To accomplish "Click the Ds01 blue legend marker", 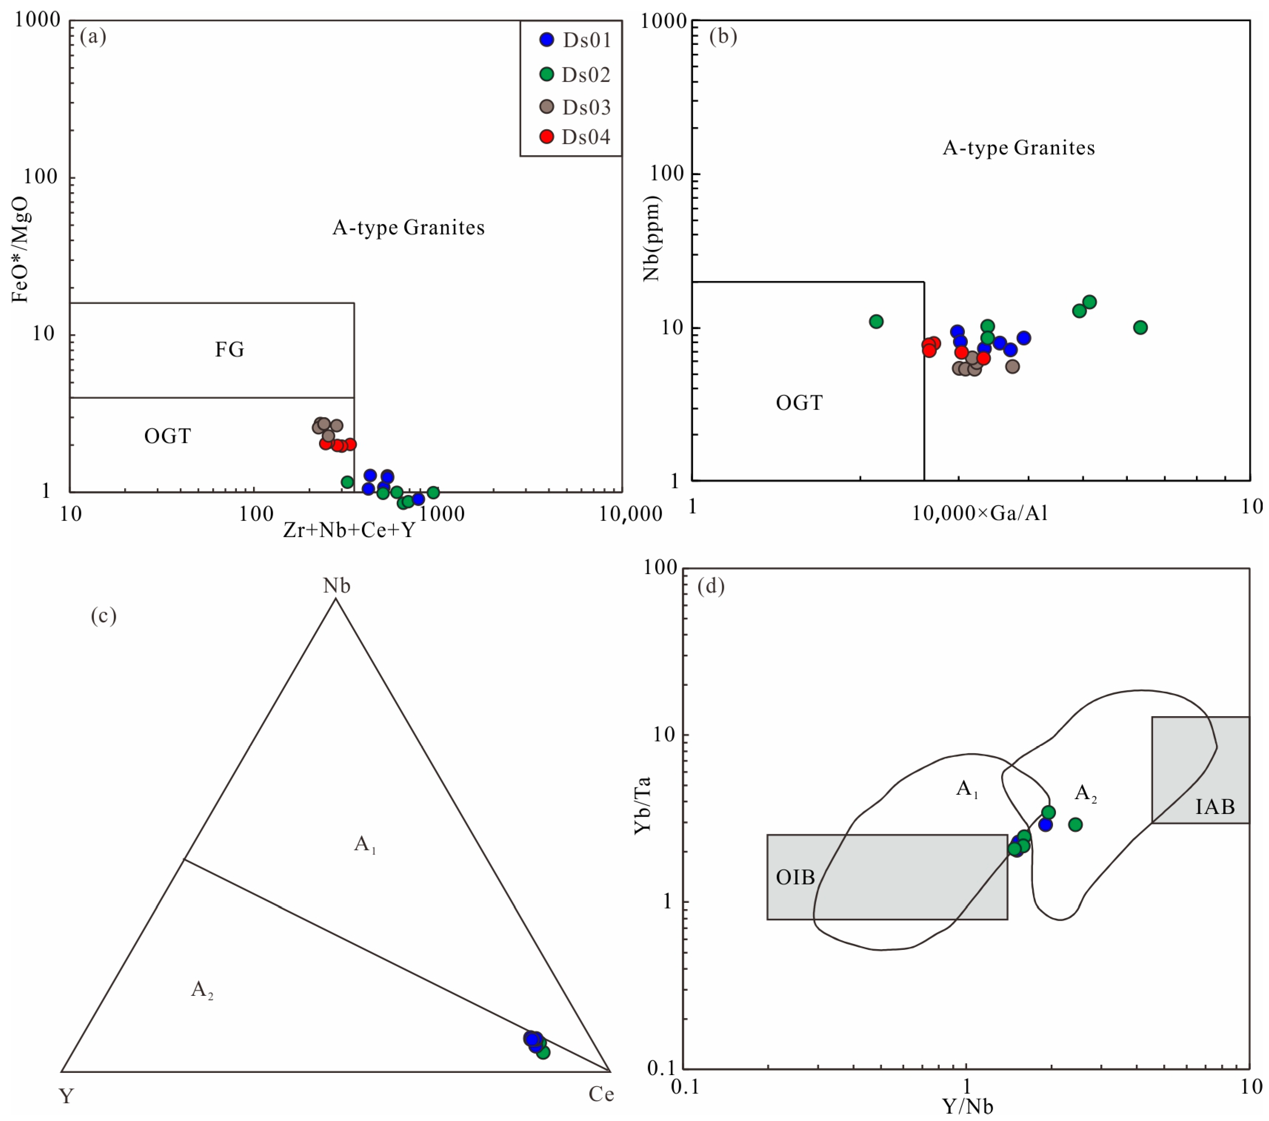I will pos(547,40).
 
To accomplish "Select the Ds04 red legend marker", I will pos(547,137).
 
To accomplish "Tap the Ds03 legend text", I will pos(586,107).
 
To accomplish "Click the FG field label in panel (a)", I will pos(230,350).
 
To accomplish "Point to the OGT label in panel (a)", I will pos(167,436).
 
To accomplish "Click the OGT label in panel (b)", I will pos(799,403).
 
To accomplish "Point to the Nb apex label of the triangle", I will pos(336,585).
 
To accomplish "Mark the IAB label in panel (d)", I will pos(1215,807).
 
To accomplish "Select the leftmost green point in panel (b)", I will pos(876,321).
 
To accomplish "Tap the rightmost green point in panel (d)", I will pos(1075,824).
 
